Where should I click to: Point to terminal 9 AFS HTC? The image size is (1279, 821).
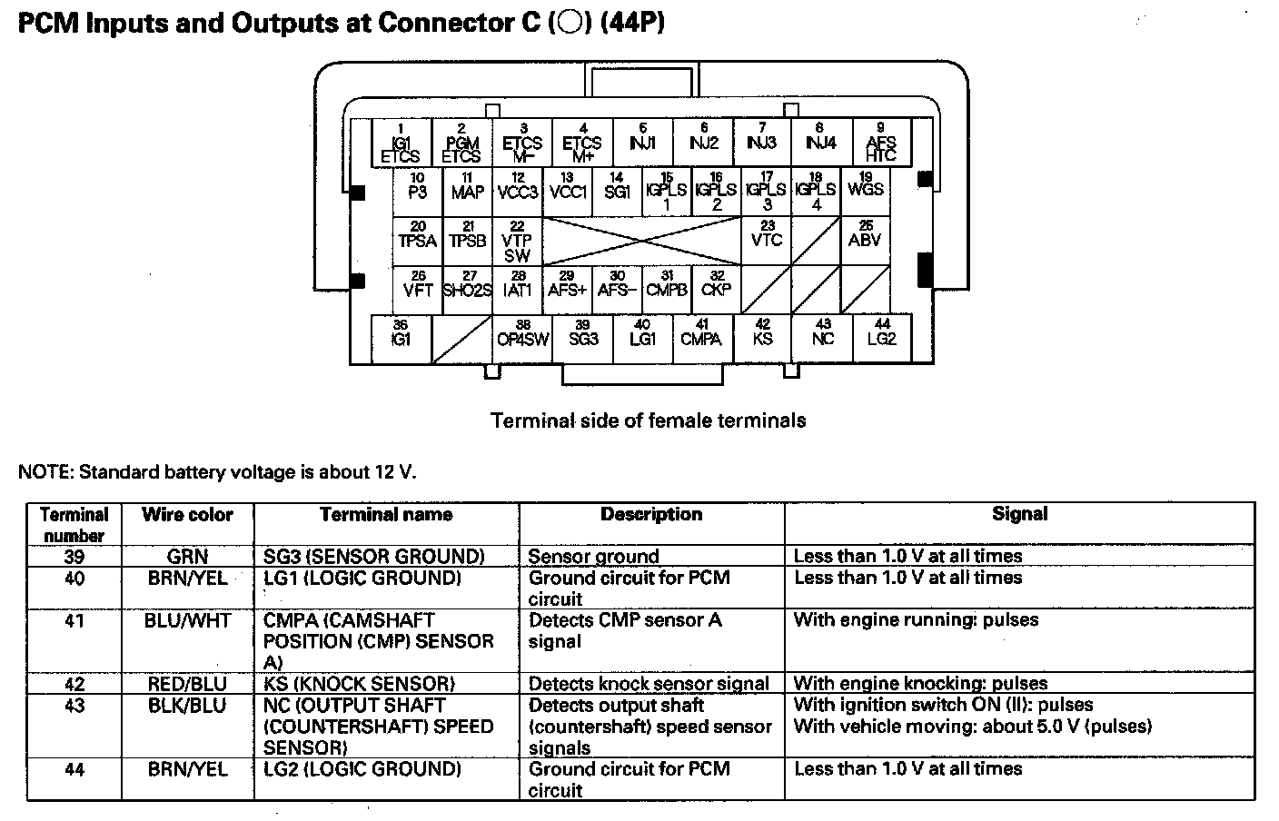pos(880,143)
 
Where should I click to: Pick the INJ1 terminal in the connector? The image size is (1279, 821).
pos(642,143)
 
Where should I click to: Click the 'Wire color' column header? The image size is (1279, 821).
pos(187,515)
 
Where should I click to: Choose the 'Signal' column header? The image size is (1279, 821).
pos(1019,514)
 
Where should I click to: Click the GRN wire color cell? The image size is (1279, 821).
pos(187,556)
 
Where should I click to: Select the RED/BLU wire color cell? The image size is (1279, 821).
pos(187,684)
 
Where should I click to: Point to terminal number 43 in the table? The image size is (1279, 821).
pos(74,706)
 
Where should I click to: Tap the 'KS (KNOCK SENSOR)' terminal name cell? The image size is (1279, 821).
pos(359,684)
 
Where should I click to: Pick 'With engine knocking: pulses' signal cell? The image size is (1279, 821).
pos(920,684)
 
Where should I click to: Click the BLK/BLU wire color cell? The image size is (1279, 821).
pos(187,706)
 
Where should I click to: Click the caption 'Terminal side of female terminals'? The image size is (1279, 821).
pos(648,420)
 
